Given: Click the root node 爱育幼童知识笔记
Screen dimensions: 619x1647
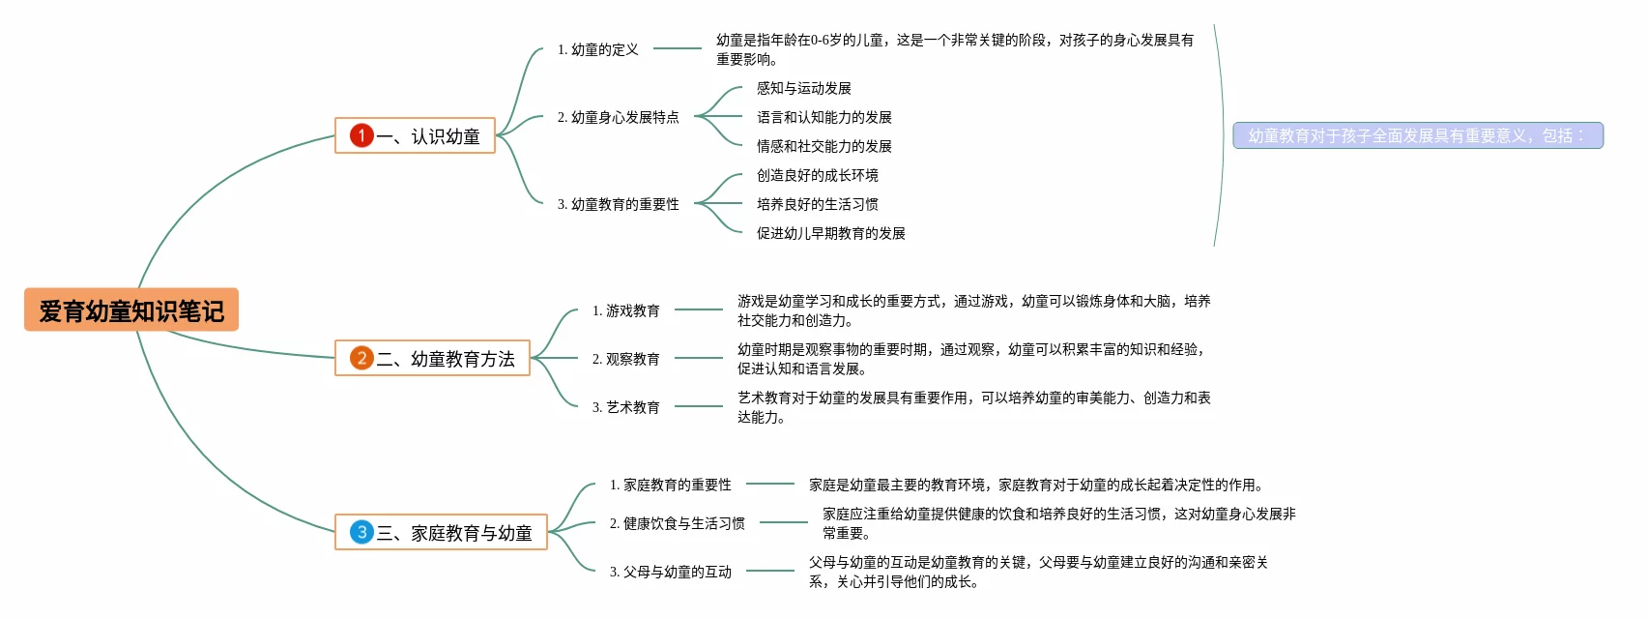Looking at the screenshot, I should [x=131, y=310].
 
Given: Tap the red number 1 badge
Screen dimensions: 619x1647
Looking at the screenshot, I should [x=361, y=135].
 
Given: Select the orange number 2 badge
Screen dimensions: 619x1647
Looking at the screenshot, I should [x=361, y=358].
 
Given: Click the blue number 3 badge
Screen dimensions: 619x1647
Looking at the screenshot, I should [x=361, y=532].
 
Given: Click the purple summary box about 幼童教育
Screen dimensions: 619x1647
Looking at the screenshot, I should [x=1417, y=135].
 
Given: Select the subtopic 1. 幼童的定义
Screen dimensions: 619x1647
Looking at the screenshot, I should [x=597, y=49].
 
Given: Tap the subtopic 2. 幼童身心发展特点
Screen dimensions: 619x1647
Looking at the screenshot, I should [x=618, y=117].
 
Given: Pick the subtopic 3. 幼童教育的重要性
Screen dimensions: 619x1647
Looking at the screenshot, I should [x=618, y=204].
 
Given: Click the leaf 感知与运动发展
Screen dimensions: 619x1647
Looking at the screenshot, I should [x=803, y=88].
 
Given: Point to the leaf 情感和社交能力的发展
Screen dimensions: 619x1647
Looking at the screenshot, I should [x=823, y=146].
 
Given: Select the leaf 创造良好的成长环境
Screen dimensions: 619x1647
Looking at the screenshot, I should [x=817, y=175].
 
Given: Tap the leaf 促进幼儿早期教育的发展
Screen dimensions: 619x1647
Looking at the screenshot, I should [x=830, y=233].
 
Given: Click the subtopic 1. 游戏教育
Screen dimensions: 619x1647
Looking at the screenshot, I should [x=625, y=310].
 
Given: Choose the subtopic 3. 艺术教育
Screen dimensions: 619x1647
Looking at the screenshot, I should [x=625, y=407].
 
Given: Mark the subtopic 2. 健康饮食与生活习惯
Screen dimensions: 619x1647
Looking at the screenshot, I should [x=677, y=523].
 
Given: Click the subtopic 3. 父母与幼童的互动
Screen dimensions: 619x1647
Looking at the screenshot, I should [x=670, y=572].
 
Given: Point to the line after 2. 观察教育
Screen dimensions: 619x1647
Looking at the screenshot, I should [x=699, y=358].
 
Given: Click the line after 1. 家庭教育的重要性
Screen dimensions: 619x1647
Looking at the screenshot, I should [x=770, y=484].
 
